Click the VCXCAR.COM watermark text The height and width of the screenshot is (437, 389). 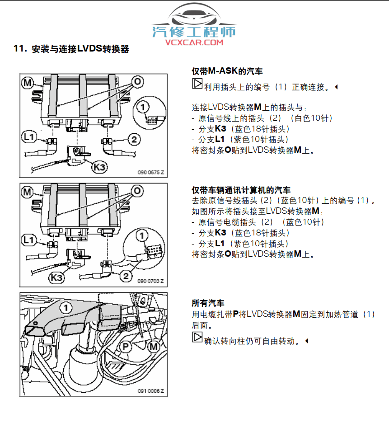pos(194,42)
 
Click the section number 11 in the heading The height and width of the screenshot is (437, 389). pos(19,49)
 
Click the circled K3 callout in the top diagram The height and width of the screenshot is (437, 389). pos(100,167)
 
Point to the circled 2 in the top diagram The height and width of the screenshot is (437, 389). pos(134,139)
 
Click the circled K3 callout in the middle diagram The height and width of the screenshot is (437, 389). pos(57,277)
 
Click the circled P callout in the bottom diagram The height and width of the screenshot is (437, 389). pos(126,347)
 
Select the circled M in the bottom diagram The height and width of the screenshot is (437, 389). pos(154,347)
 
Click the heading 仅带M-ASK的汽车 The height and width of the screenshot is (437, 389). pos(227,71)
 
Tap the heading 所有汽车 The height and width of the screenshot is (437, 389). pos(208,302)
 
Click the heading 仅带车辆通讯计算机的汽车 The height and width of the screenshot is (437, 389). pos(241,190)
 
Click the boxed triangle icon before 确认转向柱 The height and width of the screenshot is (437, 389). pos(197,338)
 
